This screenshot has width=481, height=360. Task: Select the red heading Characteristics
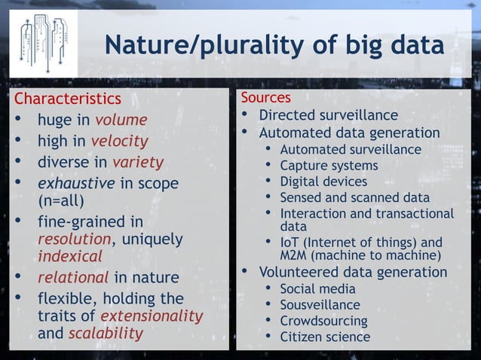point(68,99)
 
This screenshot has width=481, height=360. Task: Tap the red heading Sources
point(265,98)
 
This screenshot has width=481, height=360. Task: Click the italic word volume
point(121,120)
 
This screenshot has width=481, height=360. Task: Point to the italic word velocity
point(119,141)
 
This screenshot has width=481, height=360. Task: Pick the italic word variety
point(137,162)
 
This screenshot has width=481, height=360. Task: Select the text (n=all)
point(60,200)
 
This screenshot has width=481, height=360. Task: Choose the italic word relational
point(73,278)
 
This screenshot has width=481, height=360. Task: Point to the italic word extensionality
point(152,316)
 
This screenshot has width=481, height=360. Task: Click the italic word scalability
point(106,333)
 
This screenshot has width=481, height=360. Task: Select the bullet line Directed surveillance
point(328,115)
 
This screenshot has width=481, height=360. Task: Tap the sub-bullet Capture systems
point(329,165)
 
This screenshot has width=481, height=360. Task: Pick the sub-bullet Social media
point(317,288)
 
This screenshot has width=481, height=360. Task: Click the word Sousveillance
point(320,305)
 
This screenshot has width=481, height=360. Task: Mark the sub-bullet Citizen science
point(325,337)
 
